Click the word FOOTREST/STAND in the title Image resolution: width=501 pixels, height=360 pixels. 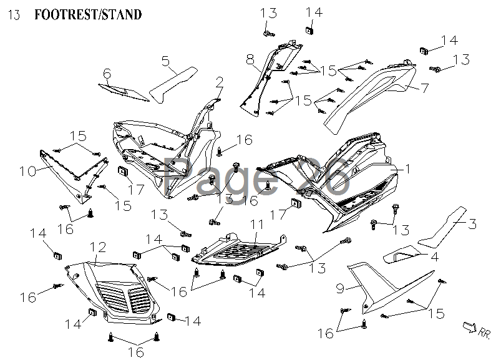pos(87,14)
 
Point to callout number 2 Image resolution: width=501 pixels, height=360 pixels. pos(220,81)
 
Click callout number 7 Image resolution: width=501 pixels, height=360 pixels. pos(424,88)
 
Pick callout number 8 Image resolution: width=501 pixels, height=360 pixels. pos(250,60)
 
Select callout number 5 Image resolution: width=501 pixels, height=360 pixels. pos(165,61)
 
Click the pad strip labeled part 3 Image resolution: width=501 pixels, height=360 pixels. pos(440,228)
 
